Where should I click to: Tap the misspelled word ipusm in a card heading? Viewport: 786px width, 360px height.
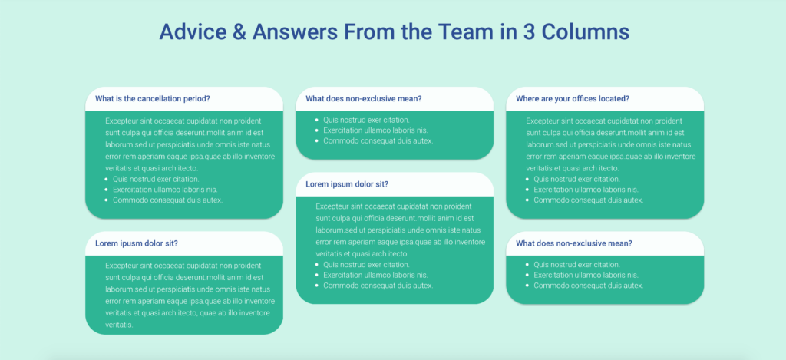point(128,243)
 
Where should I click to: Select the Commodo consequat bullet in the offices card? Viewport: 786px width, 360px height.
point(589,200)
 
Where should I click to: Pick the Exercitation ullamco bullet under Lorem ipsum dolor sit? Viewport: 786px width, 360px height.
point(375,275)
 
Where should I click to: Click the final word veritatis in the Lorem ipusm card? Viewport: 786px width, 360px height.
point(119,325)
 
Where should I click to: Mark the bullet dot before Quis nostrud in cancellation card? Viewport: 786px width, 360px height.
point(107,179)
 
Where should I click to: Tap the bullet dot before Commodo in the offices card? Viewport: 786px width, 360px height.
point(528,200)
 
